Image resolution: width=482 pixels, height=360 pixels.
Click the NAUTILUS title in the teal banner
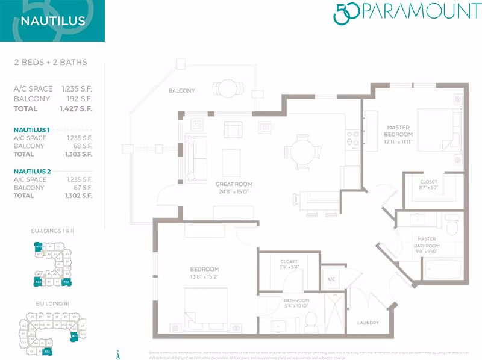pyautogui.click(x=52, y=22)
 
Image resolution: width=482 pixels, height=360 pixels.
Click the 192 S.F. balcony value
pyautogui.click(x=84, y=99)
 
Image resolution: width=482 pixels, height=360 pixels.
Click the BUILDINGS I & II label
pyautogui.click(x=52, y=231)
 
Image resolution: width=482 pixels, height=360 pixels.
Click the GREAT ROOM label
pyautogui.click(x=234, y=184)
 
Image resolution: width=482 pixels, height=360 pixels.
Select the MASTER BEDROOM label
pyautogui.click(x=398, y=130)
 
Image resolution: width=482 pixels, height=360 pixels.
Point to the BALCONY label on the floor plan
pyautogui.click(x=181, y=91)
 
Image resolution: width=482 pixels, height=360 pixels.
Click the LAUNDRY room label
pyautogui.click(x=368, y=323)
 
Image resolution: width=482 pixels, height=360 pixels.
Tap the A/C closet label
pyautogui.click(x=331, y=279)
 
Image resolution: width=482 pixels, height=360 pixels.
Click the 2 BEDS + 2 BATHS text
pyautogui.click(x=51, y=63)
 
